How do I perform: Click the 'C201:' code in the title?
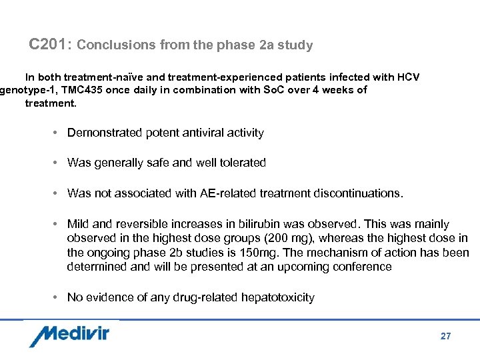51,45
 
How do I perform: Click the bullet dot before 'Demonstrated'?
53,133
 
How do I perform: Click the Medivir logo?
69,335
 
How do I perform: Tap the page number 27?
445,336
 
